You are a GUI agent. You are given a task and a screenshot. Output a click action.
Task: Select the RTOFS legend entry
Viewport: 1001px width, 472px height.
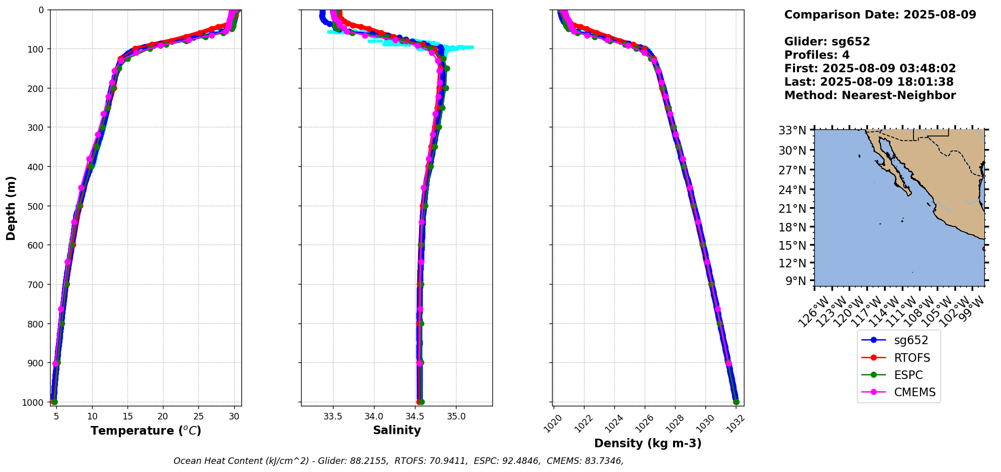[911, 358]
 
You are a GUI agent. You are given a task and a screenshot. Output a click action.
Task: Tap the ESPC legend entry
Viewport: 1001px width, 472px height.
[908, 375]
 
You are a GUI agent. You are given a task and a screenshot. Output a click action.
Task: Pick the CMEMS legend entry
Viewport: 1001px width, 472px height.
[914, 392]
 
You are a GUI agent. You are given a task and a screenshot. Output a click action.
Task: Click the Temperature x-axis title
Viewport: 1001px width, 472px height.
[146, 431]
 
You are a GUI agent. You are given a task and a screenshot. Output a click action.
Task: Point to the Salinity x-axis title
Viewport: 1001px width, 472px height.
[397, 430]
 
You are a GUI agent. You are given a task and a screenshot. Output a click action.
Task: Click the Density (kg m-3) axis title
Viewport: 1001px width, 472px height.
[647, 443]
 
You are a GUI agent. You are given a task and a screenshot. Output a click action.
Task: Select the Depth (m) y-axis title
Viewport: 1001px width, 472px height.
[11, 208]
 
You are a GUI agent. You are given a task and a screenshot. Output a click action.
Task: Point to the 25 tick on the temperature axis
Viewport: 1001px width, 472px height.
[198, 416]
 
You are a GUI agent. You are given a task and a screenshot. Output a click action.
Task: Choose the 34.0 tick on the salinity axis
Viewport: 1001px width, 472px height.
[374, 416]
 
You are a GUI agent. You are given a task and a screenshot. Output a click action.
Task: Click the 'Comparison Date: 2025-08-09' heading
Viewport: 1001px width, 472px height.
[880, 15]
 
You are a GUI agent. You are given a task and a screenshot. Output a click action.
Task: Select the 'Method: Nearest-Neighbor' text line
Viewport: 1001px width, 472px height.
[870, 96]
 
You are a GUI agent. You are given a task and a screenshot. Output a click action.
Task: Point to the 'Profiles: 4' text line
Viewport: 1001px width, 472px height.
[817, 55]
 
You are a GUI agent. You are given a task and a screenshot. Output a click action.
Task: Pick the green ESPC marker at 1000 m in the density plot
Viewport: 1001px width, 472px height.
[736, 402]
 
